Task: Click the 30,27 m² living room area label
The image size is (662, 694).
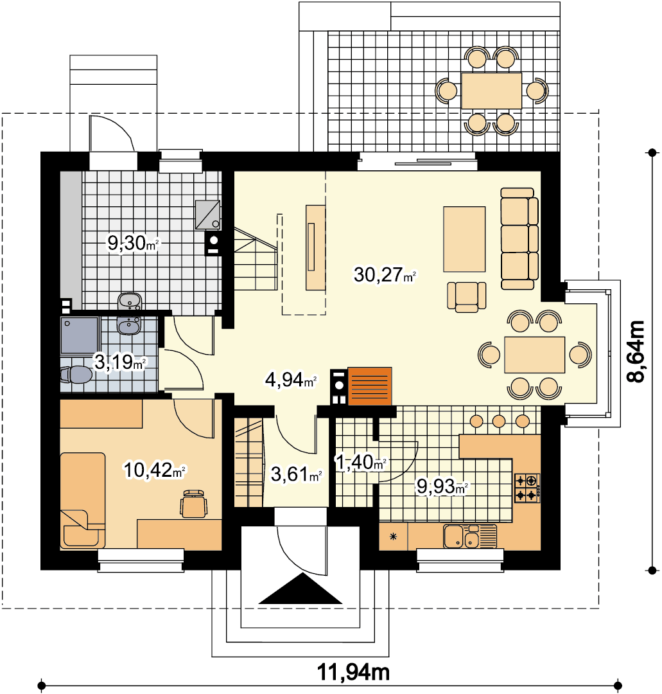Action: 384,275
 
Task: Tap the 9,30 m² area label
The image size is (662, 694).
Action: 133,243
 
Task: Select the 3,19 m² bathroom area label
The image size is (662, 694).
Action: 119,362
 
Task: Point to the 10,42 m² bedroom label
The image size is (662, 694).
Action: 154,470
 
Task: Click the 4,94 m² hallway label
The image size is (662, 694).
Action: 290,380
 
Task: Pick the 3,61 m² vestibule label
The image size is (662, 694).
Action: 296,474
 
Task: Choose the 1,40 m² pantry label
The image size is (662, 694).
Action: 361,463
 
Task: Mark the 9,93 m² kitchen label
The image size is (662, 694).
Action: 442,486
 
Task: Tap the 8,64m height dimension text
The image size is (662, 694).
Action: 636,351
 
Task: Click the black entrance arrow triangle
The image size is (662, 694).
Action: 301,589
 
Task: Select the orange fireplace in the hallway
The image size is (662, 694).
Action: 370,386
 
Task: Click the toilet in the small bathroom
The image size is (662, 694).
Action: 76,375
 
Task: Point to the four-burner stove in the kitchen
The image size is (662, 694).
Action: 527,488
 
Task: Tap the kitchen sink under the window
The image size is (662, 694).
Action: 469,536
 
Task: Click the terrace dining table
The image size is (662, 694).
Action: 491,91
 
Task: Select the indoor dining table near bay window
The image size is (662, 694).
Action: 535,355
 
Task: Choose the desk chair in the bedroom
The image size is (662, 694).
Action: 194,504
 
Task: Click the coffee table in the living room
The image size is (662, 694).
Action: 464,239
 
